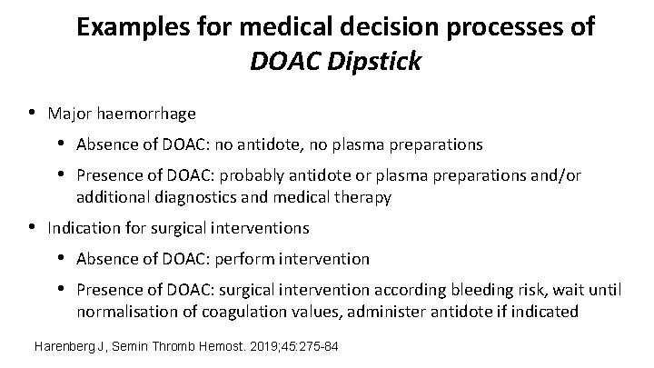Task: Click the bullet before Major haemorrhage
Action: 33,114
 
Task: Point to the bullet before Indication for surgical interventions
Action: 33,226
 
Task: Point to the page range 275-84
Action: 313,347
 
